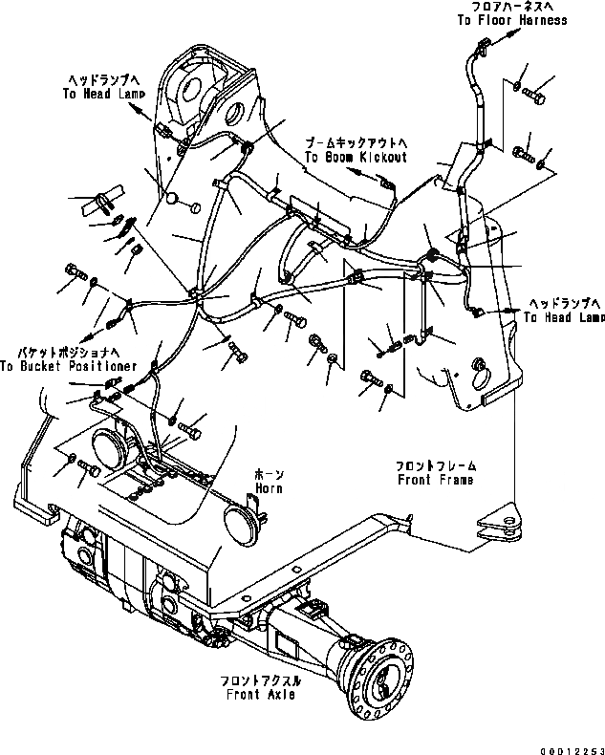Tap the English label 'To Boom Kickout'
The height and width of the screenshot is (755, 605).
click(356, 156)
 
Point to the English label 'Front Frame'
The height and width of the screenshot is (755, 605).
click(436, 480)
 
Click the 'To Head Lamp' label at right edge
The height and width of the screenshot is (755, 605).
click(565, 317)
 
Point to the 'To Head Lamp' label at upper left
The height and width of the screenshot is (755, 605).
click(103, 95)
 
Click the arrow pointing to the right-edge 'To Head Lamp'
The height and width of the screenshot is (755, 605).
click(504, 311)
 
